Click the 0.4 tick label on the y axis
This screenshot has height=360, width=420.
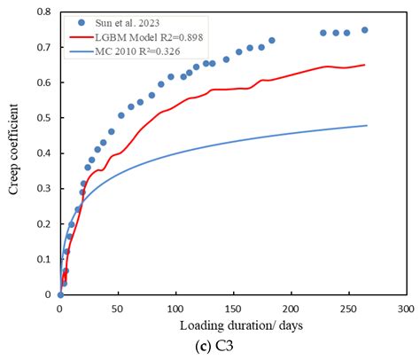pyautogui.click(x=43, y=153)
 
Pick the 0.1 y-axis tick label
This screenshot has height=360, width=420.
pyautogui.click(x=43, y=259)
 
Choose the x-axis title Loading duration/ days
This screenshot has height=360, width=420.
pyautogui.click(x=231, y=325)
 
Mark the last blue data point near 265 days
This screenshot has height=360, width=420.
pyautogui.click(x=364, y=30)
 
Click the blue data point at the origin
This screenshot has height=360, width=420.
pyautogui.click(x=59, y=294)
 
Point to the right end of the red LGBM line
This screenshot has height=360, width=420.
pyautogui.click(x=364, y=65)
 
